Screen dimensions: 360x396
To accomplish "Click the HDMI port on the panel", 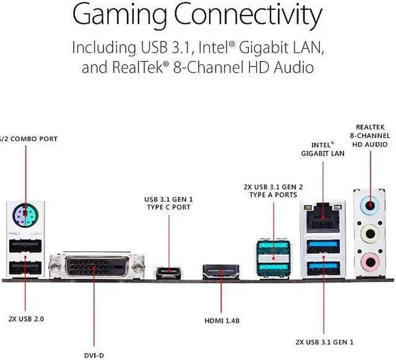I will point(221,273).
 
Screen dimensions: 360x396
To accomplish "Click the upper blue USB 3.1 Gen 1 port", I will point(322,245).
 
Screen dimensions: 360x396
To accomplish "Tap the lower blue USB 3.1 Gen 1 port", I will point(322,269).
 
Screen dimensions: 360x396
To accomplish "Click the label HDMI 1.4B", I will point(222,321).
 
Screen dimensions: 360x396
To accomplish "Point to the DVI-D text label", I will point(94,355).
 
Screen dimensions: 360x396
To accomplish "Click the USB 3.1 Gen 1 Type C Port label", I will point(167,203).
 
